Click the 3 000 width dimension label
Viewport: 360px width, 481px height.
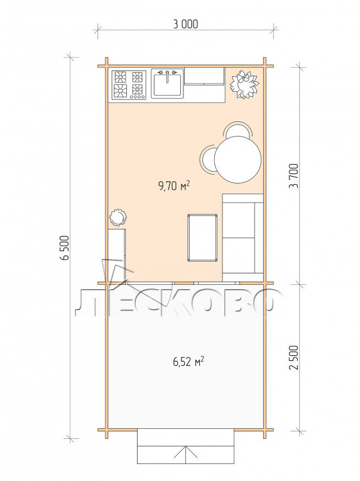pos(185,24)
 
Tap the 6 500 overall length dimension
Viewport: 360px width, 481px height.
pos(65,248)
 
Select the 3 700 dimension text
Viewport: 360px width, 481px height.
pos(293,176)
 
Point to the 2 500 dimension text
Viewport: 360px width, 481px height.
pos(293,357)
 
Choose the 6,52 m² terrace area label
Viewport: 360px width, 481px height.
pos(188,362)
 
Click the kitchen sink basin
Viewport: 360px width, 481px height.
pos(167,84)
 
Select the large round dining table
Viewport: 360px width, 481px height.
pos(237,160)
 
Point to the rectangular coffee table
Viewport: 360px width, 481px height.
pos(202,238)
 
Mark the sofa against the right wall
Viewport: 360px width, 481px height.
pos(243,238)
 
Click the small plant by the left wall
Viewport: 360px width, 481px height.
pos(117,217)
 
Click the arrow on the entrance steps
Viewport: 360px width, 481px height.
pos(186,454)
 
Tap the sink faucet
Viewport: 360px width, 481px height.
pos(167,76)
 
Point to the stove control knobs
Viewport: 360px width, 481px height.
pos(137,97)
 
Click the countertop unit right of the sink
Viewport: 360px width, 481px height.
pos(205,76)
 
